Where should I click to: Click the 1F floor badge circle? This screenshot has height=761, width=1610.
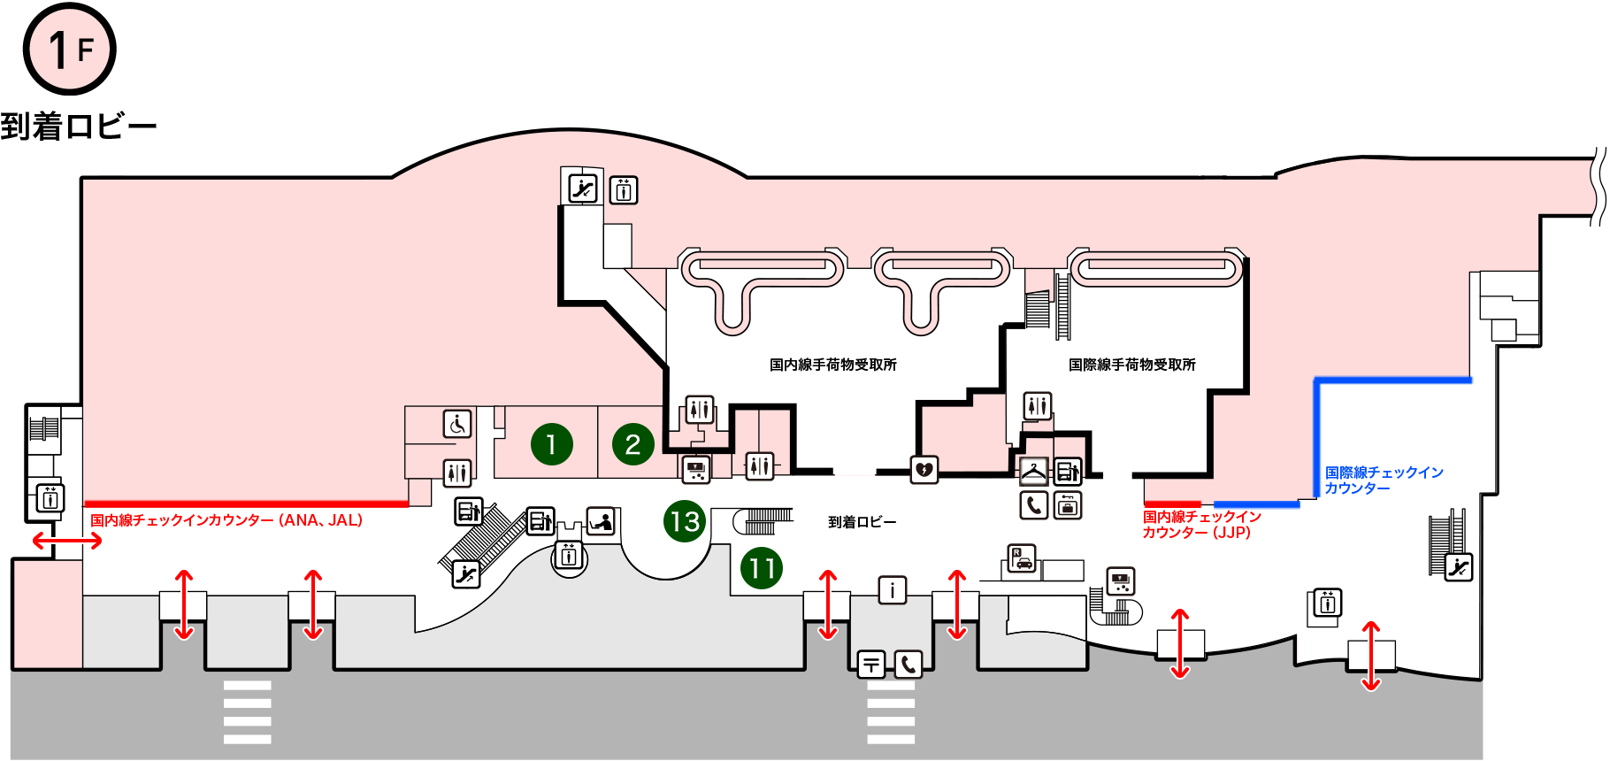(69, 50)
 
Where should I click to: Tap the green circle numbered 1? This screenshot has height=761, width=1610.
(551, 444)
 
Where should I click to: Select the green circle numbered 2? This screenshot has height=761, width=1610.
(632, 444)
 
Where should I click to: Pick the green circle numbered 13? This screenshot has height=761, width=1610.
(685, 521)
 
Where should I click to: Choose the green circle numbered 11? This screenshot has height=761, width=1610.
(762, 568)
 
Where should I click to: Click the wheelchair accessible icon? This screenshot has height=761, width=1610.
(457, 425)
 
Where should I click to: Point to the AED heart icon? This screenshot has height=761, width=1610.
(924, 469)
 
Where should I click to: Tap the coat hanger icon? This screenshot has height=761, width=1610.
(1033, 471)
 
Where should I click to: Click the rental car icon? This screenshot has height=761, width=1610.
(1023, 559)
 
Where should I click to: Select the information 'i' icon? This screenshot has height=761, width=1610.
(892, 589)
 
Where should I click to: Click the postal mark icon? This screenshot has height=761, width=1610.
(871, 664)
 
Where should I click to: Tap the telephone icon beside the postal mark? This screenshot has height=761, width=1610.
(908, 664)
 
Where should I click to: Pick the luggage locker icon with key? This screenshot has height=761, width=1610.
(1068, 505)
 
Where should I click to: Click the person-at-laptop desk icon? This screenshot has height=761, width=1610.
(602, 520)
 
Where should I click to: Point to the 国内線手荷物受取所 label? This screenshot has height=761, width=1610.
(832, 365)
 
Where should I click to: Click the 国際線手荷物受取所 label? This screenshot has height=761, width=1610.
(1131, 365)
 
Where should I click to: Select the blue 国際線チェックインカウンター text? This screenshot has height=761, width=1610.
(1384, 480)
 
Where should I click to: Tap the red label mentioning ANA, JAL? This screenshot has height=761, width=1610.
(226, 520)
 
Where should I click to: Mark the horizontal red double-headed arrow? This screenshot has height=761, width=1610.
(67, 540)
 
